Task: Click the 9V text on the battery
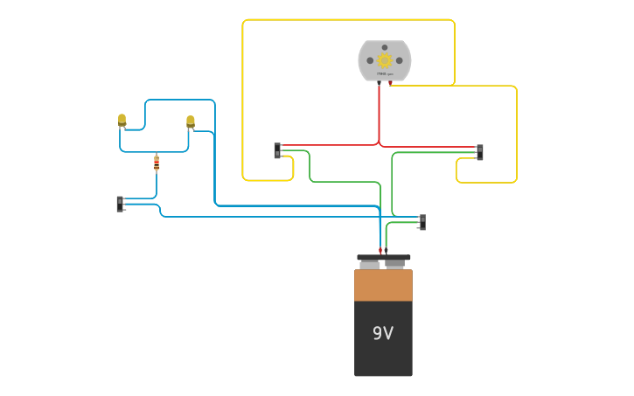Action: pyautogui.click(x=383, y=333)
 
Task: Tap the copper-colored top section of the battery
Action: pyautogui.click(x=383, y=285)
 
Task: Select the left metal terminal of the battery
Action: pyautogui.click(x=370, y=265)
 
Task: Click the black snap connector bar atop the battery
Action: pyautogui.click(x=383, y=258)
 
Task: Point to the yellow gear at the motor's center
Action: pyautogui.click(x=384, y=59)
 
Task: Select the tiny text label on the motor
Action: pyautogui.click(x=384, y=75)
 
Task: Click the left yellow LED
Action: pyautogui.click(x=122, y=119)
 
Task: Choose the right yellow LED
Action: pyautogui.click(x=190, y=121)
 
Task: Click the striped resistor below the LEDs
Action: pyautogui.click(x=157, y=163)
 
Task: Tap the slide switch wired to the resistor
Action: pyautogui.click(x=120, y=204)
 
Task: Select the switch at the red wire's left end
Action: pyautogui.click(x=277, y=151)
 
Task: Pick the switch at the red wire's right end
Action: pyautogui.click(x=479, y=152)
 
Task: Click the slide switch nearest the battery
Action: pyautogui.click(x=422, y=222)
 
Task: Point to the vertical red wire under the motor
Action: pyautogui.click(x=379, y=114)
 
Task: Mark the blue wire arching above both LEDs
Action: pyautogui.click(x=179, y=101)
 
